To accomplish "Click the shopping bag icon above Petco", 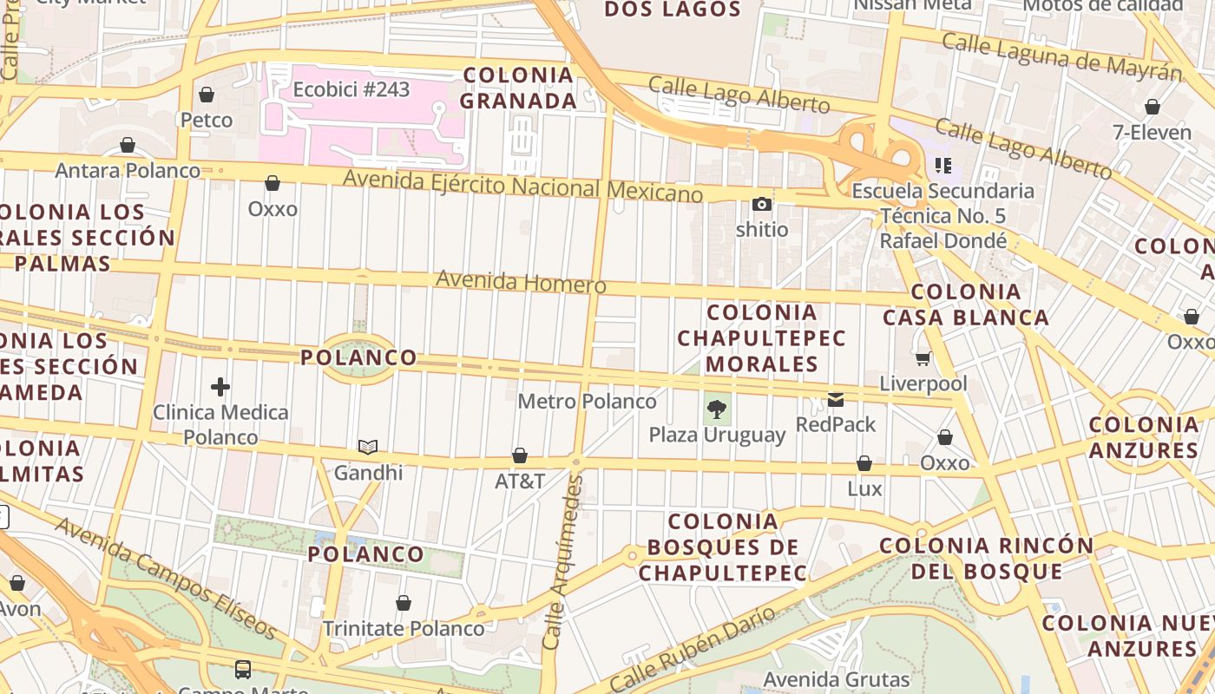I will click(x=207, y=95).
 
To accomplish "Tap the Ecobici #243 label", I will click(x=351, y=89).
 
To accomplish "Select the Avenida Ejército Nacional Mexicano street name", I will click(x=522, y=186).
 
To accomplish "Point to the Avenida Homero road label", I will click(x=521, y=282).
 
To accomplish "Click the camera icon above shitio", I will click(x=762, y=205).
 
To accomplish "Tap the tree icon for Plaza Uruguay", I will click(x=717, y=409).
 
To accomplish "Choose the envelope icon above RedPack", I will click(x=836, y=400).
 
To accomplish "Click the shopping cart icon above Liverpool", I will click(x=923, y=358).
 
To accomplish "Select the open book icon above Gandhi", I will click(x=368, y=448).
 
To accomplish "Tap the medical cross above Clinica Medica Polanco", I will click(x=220, y=387).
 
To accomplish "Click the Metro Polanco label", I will click(x=587, y=402).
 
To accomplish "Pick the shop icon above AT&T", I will click(x=520, y=455).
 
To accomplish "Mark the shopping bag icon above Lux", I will click(x=864, y=464).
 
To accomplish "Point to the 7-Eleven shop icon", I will click(x=1153, y=108).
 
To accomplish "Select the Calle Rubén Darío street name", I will click(x=692, y=649).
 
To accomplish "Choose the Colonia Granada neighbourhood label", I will click(x=518, y=88).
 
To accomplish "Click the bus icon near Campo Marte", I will click(x=243, y=670).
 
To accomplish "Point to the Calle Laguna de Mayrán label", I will click(x=1061, y=55).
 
